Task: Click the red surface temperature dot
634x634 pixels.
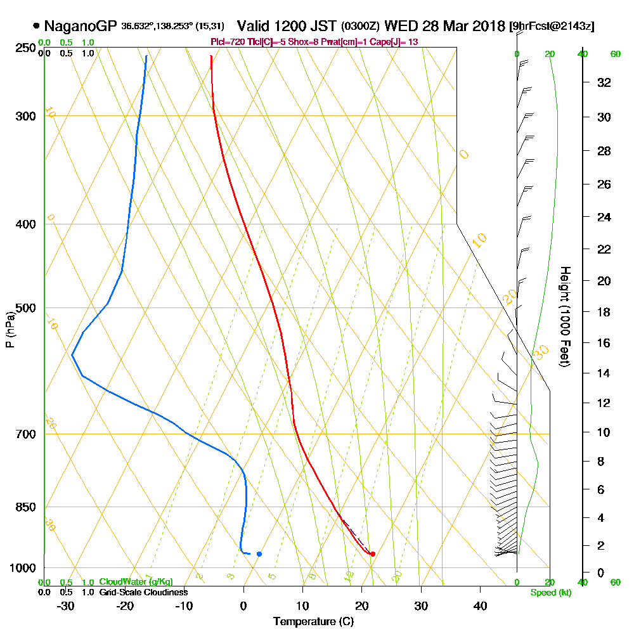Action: click(372, 553)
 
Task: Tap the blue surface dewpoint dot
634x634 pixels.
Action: click(259, 553)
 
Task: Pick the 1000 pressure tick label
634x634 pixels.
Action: click(22, 568)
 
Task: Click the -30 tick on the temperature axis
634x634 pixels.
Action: click(65, 605)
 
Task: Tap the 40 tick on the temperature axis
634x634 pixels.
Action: click(480, 605)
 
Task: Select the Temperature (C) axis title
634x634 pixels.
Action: click(313, 622)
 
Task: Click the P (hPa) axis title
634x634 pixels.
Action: click(10, 329)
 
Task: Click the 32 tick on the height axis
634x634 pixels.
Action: click(604, 82)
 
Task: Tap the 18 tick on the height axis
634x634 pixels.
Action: click(604, 311)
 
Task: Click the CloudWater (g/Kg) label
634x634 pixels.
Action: click(136, 582)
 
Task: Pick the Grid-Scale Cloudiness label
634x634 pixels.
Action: click(143, 592)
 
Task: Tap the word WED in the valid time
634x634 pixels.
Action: click(399, 27)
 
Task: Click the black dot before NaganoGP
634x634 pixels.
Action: click(36, 27)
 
